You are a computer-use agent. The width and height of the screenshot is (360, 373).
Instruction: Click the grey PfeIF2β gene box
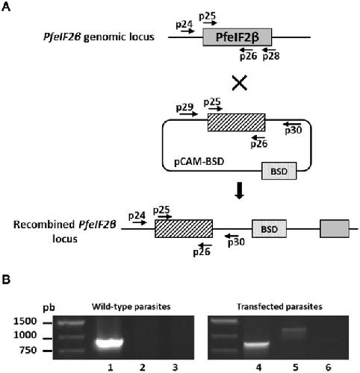click(238, 37)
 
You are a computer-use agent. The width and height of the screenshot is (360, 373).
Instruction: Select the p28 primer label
click(271, 57)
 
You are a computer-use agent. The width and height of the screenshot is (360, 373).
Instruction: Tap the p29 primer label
click(184, 107)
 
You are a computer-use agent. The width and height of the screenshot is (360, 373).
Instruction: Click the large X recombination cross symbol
click(239, 84)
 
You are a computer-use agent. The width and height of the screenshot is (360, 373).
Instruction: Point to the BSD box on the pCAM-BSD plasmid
click(279, 171)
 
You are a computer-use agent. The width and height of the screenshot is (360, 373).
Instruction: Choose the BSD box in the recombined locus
click(269, 229)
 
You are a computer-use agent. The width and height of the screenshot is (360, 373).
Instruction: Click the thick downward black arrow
click(240, 191)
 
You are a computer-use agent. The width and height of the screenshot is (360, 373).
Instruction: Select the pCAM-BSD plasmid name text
click(199, 162)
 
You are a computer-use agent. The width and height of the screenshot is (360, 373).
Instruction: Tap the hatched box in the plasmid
click(236, 122)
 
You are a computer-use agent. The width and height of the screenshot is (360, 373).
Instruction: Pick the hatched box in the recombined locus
click(184, 229)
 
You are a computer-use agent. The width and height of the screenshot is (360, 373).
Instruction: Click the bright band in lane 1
click(110, 344)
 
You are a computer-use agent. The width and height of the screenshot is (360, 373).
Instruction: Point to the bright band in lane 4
click(257, 345)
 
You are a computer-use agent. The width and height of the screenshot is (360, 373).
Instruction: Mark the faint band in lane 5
click(294, 330)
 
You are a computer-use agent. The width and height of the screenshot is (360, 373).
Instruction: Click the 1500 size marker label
click(25, 322)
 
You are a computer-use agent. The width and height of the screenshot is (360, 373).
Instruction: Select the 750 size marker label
click(28, 350)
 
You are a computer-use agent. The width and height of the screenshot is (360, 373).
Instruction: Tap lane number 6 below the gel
click(329, 367)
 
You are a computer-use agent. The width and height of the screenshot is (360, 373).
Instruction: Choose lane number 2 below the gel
click(142, 367)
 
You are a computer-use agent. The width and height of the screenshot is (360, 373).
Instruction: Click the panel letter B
click(6, 280)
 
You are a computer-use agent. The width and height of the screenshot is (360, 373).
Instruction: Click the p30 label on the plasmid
click(294, 130)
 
